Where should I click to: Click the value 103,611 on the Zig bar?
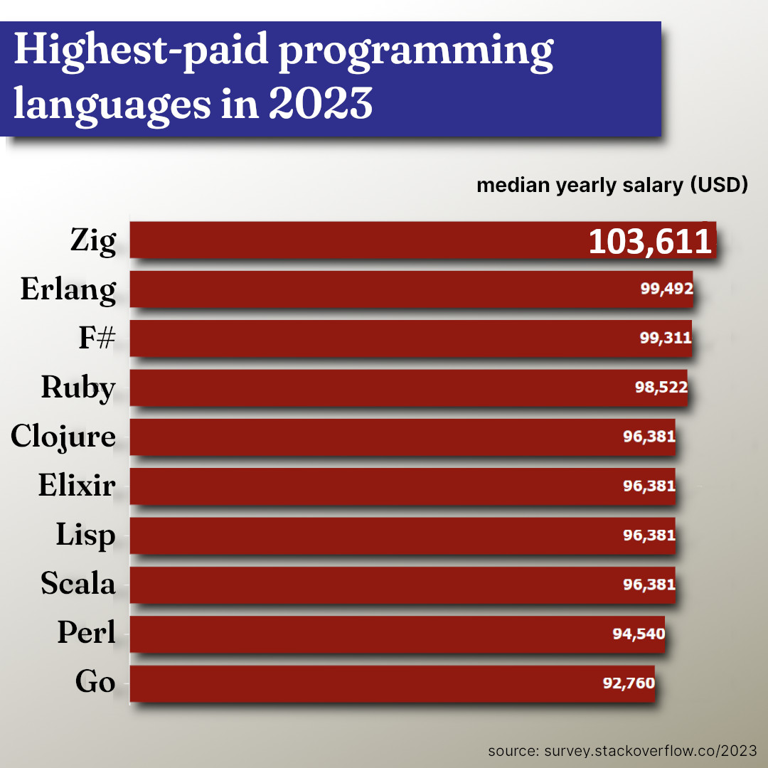coord(649,242)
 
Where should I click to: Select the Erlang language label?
coord(68,290)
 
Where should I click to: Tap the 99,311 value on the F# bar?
coord(665,338)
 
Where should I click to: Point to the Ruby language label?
coord(78,388)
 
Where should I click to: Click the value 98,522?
coord(661,388)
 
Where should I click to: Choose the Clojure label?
coord(63,437)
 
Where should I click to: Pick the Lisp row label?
coord(85,535)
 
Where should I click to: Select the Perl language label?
coord(86,632)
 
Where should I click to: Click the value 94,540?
coord(639,633)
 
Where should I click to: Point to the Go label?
coord(95,682)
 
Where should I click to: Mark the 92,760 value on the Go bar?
coord(629,683)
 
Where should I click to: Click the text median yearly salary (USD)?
coord(612,186)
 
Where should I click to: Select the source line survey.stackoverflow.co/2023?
coord(622,751)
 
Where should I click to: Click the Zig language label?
coord(92,241)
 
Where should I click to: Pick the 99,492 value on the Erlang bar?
coord(666,289)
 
